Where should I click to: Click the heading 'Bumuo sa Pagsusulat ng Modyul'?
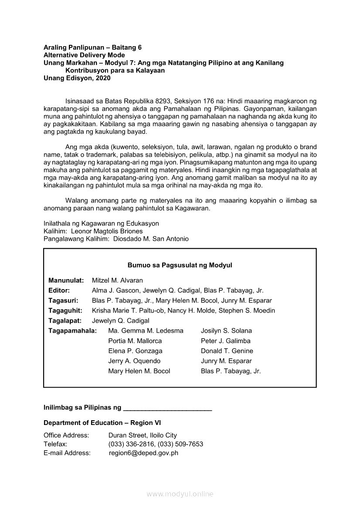(180, 265)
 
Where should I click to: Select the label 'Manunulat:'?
(66, 280)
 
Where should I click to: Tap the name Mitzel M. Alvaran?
(117, 280)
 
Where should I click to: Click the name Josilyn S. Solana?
(226, 331)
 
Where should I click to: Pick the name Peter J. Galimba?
(225, 341)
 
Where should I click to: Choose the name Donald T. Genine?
(227, 351)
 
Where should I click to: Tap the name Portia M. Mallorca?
(135, 341)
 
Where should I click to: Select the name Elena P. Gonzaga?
(135, 351)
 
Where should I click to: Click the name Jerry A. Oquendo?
(134, 361)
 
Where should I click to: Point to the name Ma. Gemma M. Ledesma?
(146, 331)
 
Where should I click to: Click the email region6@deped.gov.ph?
(143, 453)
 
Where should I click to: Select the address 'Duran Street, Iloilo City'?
(143, 435)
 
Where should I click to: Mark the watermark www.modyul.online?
(180, 494)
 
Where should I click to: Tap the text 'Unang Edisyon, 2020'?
(77, 78)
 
